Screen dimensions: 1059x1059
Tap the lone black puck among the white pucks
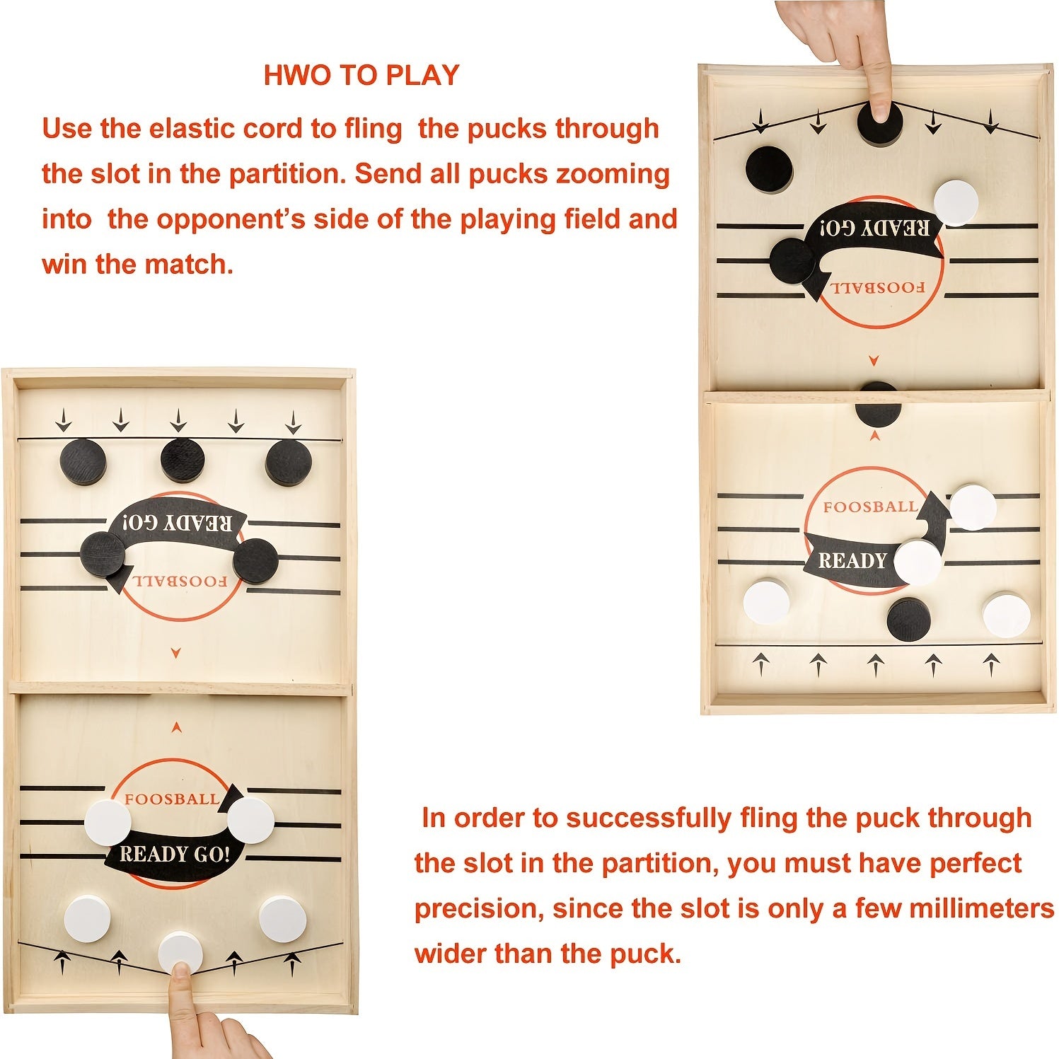click(x=909, y=619)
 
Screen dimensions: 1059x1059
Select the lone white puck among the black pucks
click(x=956, y=203)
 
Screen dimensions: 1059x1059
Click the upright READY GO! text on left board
click(x=175, y=855)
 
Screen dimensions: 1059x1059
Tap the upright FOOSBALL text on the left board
click(x=172, y=799)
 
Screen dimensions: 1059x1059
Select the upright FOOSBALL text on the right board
click(x=870, y=507)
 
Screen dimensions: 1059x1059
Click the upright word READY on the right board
click(x=852, y=561)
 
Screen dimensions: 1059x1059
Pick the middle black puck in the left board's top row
click(x=183, y=461)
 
